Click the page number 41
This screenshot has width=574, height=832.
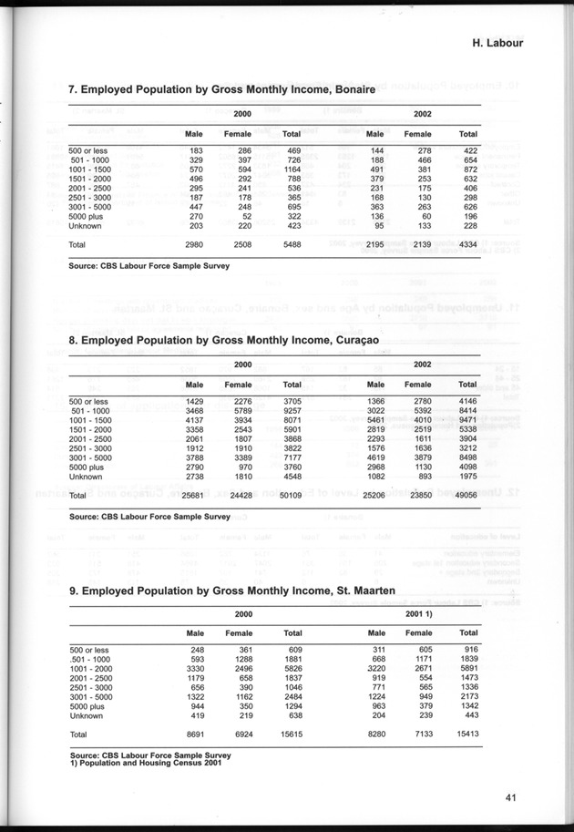click(511, 798)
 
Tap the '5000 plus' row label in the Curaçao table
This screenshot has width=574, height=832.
click(88, 465)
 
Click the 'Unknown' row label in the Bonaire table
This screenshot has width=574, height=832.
click(85, 225)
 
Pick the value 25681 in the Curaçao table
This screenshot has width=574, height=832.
click(189, 495)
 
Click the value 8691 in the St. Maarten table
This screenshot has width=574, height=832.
click(190, 733)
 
